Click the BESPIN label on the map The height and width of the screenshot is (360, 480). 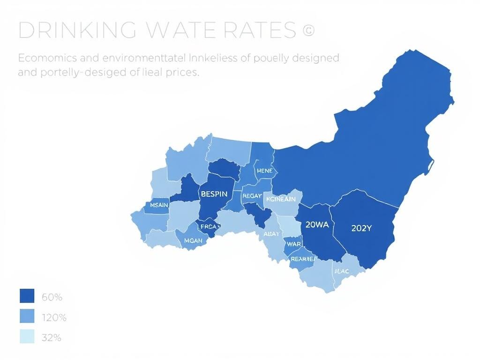coord(214,193)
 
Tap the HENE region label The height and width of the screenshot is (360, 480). coord(264,171)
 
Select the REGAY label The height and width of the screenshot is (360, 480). coord(252,196)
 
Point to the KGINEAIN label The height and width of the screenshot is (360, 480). coord(281,199)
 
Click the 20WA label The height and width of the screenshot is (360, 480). coord(317,225)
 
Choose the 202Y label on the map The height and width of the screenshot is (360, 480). coord(361,229)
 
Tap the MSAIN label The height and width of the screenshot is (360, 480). coord(157,205)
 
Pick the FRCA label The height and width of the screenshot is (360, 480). coord(208,226)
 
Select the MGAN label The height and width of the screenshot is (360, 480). coord(193,240)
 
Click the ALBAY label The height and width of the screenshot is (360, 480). coord(271,234)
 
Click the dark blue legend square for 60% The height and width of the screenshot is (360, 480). coord(27,296)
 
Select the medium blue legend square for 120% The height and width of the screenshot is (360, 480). coord(27,317)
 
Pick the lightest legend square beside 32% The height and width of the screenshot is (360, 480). coord(27,337)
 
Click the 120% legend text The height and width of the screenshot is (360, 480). coord(54,318)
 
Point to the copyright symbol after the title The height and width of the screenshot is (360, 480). coord(308,30)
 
